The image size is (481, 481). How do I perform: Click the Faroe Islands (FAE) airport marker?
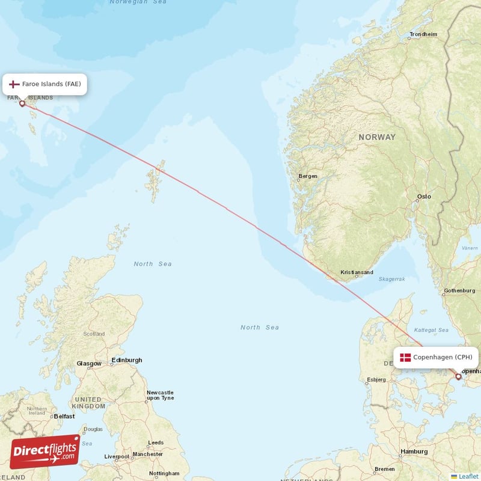pyautogui.click(x=22, y=103)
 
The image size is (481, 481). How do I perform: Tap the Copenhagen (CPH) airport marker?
pyautogui.click(x=458, y=377)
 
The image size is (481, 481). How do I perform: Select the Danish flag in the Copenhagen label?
pyautogui.click(x=405, y=357)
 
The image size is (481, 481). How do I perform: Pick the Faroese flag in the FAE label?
pyautogui.click(x=14, y=84)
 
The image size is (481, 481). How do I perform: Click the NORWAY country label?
pyautogui.click(x=377, y=137)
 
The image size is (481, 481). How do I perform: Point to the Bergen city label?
pyautogui.click(x=308, y=176)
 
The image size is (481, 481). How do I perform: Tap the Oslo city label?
pyautogui.click(x=424, y=197)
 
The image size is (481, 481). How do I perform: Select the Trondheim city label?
pyautogui.click(x=423, y=34)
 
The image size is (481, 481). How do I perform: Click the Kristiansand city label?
pyautogui.click(x=357, y=272)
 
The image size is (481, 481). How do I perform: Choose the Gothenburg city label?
pyautogui.click(x=459, y=291)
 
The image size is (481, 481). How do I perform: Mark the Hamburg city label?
pyautogui.click(x=414, y=452)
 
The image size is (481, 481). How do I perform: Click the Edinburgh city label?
pyautogui.click(x=127, y=360)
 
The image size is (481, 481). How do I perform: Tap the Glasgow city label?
pyautogui.click(x=89, y=364)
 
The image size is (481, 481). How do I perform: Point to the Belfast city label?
pyautogui.click(x=64, y=416)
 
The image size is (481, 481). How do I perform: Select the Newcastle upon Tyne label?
pyautogui.click(x=160, y=395)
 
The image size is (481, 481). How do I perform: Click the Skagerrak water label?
pyautogui.click(x=392, y=279)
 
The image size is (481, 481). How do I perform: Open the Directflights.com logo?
pyautogui.click(x=44, y=451)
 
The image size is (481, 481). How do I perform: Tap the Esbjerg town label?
pyautogui.click(x=376, y=379)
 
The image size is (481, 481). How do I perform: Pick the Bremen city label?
pyautogui.click(x=384, y=469)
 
